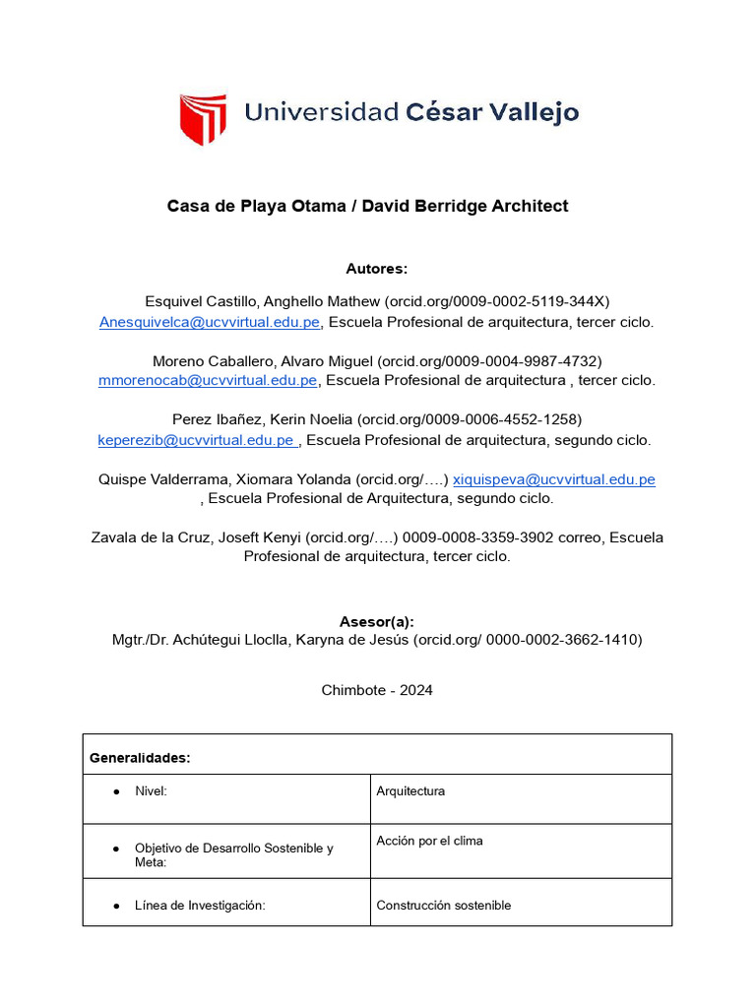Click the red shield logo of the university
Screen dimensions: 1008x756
203,119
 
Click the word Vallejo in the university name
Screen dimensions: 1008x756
533,112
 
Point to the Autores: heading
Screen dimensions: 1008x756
377,269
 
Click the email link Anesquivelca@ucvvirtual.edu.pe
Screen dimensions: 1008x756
210,322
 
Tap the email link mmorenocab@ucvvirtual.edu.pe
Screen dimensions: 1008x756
208,380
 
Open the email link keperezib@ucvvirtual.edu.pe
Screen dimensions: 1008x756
196,440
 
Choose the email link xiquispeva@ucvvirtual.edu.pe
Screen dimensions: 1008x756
553,479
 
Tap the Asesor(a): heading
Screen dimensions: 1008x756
377,621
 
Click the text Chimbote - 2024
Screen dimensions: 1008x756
377,690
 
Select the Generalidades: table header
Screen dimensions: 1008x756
140,758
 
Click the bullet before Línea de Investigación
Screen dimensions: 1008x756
116,906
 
